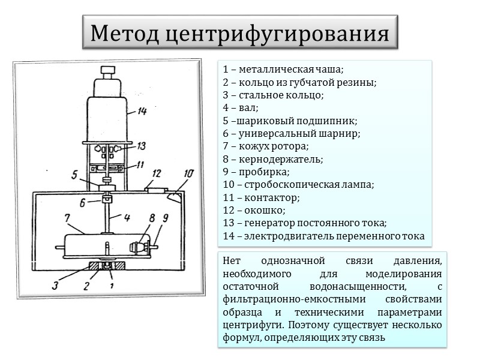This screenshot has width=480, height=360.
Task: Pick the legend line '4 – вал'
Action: [x=240, y=108]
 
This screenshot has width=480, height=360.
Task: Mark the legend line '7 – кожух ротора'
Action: [x=265, y=146]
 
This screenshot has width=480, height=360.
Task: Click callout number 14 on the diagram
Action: [x=142, y=111]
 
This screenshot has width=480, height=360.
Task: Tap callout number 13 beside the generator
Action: [x=142, y=145]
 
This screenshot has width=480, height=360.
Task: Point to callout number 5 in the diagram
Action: [x=74, y=176]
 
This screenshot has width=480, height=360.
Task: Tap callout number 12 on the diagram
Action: [x=157, y=174]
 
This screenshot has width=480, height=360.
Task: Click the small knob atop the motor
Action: [x=108, y=71]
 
